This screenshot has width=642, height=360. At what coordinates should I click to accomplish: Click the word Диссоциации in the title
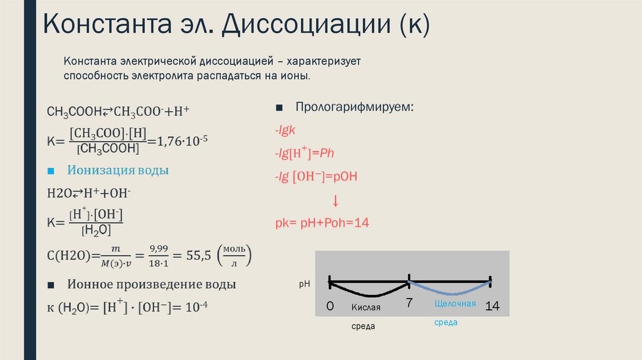[x=305, y=26]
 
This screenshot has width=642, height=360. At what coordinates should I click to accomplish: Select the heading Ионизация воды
[x=118, y=171]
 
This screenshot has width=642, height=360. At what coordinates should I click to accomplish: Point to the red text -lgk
[x=289, y=129]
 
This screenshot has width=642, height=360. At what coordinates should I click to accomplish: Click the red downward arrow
[x=335, y=201]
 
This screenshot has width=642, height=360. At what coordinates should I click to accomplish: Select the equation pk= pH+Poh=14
[x=322, y=223]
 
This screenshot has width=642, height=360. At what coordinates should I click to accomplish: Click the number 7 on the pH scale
[x=409, y=303]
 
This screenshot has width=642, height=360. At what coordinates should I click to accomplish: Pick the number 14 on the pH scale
[x=492, y=307]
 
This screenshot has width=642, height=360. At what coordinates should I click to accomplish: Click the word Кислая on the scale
[x=366, y=307]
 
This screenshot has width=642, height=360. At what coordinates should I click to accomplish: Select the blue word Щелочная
[x=455, y=304]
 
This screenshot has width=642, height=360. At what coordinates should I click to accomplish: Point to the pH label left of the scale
[x=305, y=283]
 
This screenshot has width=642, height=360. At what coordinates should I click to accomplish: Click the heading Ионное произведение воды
[x=151, y=284]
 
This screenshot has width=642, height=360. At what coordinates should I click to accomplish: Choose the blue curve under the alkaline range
[x=450, y=292]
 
